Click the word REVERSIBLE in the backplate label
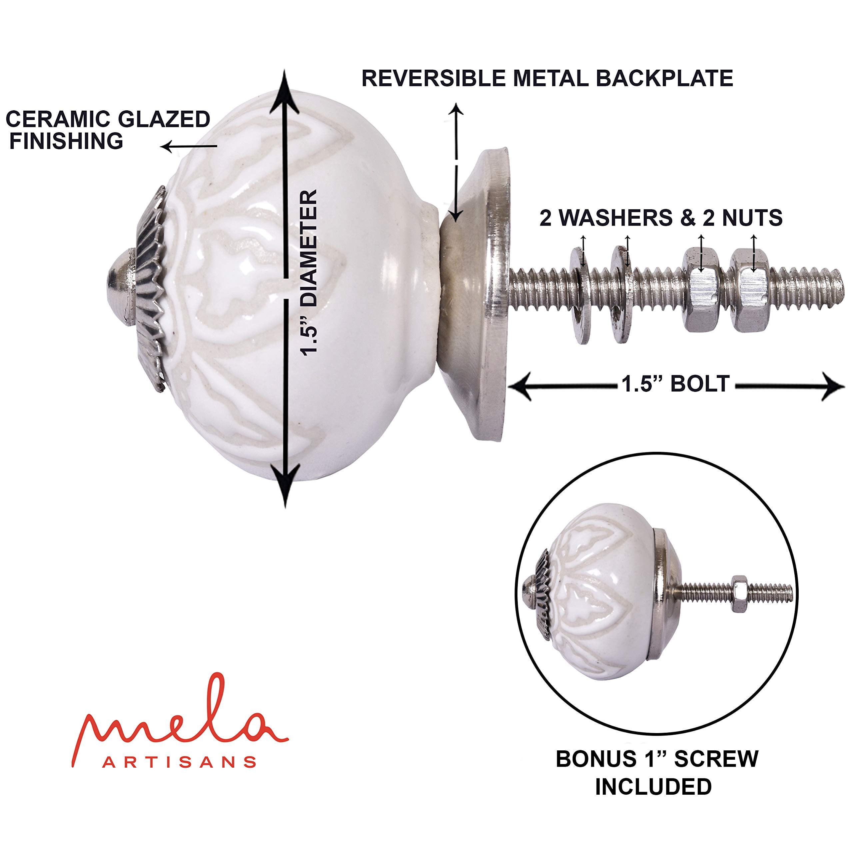pos(433,79)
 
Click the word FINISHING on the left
pos(66,141)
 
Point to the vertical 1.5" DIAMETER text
pos(310,273)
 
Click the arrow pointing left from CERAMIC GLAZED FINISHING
pos(189,147)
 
